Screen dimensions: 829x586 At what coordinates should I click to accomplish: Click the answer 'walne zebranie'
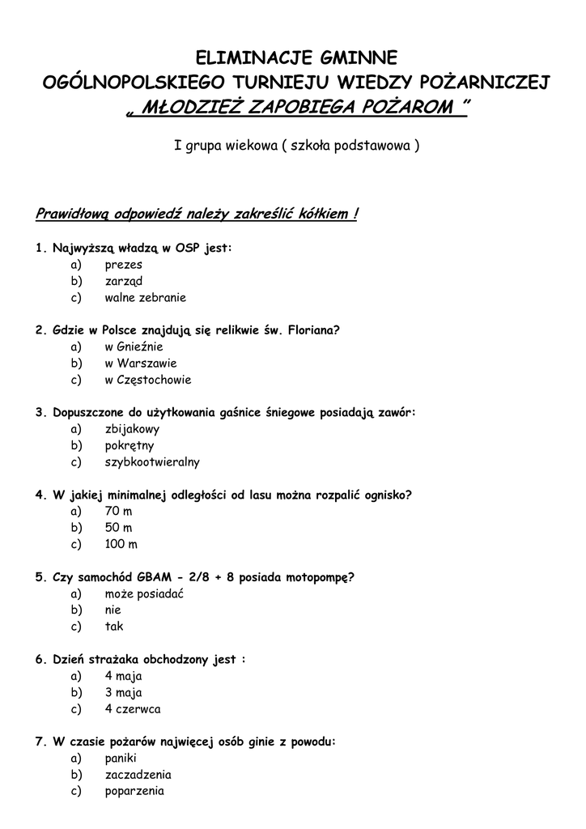coord(145,297)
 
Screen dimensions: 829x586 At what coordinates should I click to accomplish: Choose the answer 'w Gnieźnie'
coord(134,346)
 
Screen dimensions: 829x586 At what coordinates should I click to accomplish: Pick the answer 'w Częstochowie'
coord(148,380)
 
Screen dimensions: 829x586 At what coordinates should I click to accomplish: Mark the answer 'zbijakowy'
coord(132,429)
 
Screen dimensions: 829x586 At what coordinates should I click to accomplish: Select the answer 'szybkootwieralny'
coord(152,462)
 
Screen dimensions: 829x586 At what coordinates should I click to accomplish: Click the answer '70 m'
coord(118,512)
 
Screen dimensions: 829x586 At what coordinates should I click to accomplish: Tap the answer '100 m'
coord(121,545)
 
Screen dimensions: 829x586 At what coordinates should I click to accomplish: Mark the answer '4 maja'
coord(123,676)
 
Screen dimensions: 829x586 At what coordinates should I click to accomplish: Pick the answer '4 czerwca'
coord(133,709)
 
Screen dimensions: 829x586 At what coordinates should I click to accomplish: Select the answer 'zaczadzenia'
coord(137,775)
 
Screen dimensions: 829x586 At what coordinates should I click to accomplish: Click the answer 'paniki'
coord(121,759)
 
